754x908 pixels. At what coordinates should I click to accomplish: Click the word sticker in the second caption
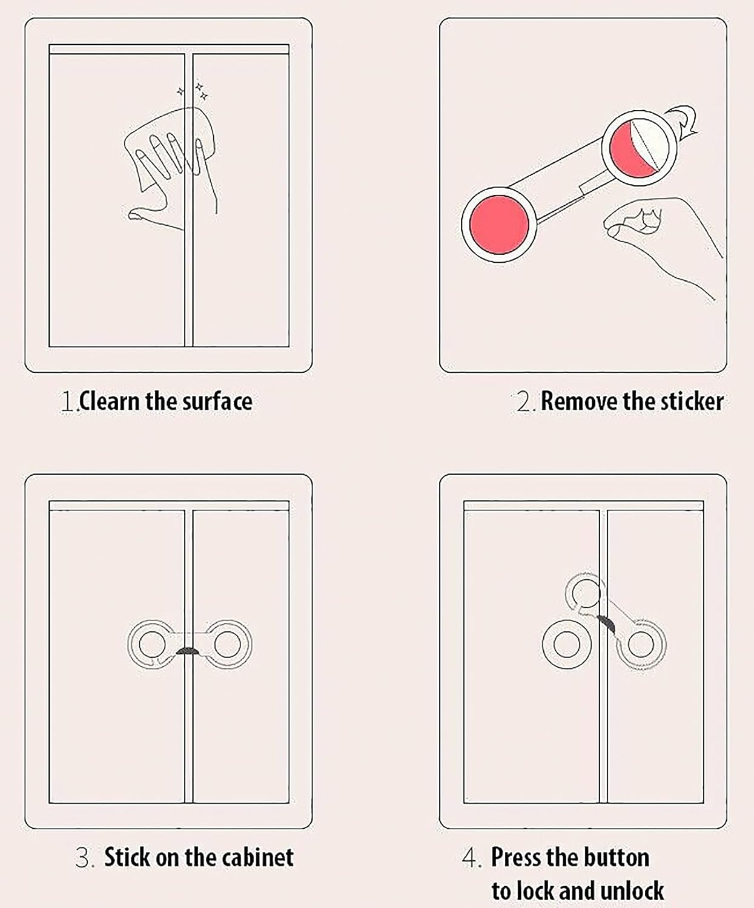[x=692, y=401]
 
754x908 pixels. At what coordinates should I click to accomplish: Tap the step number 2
[x=525, y=401]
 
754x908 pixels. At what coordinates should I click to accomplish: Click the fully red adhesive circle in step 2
[x=499, y=225]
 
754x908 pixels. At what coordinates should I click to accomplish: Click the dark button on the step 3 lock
[x=188, y=651]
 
